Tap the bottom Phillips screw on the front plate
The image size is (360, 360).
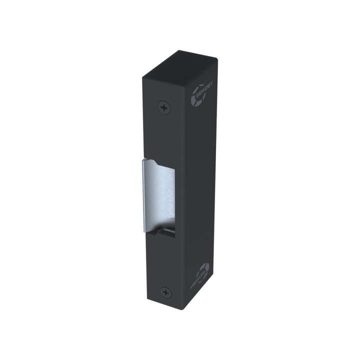coord(164,291)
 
